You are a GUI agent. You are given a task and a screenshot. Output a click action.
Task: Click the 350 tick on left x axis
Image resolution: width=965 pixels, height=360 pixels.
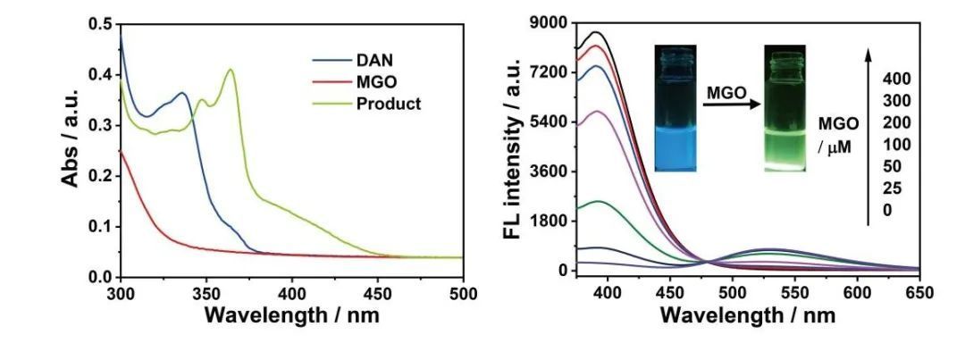click(206, 293)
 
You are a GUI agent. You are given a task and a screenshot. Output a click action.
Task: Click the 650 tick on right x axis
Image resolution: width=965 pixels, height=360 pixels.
click(919, 293)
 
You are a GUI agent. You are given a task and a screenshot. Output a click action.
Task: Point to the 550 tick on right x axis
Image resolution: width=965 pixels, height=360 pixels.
click(794, 293)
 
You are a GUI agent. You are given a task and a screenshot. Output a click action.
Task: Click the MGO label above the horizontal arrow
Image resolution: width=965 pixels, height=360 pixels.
click(726, 92)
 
